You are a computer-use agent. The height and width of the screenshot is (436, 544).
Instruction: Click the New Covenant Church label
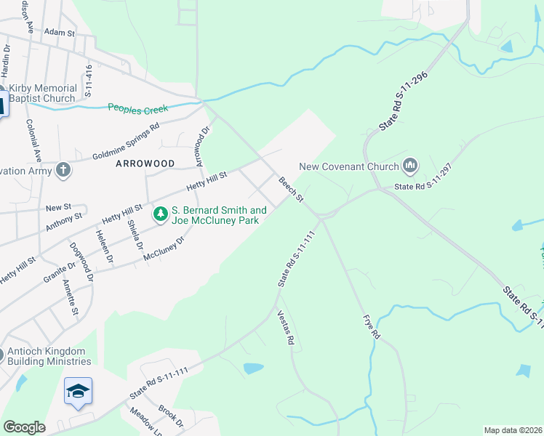point(349,166)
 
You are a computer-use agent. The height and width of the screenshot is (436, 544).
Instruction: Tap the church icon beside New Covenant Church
point(410,166)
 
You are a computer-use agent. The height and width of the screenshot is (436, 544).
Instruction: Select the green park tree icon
point(160,214)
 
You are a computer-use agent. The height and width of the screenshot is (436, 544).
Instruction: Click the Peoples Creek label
point(137,108)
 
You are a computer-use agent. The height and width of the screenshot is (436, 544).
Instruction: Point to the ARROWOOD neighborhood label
point(145,163)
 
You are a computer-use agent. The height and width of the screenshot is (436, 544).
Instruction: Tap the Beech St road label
point(290,189)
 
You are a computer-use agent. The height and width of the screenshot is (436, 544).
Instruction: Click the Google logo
point(24,427)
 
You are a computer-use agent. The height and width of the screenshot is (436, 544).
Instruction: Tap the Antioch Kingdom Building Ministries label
point(49,356)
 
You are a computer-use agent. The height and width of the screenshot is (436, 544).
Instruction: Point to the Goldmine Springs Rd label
point(125,142)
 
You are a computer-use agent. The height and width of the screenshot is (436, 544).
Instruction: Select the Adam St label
point(60,33)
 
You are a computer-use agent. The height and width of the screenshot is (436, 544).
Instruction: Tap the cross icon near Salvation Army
point(63,170)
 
